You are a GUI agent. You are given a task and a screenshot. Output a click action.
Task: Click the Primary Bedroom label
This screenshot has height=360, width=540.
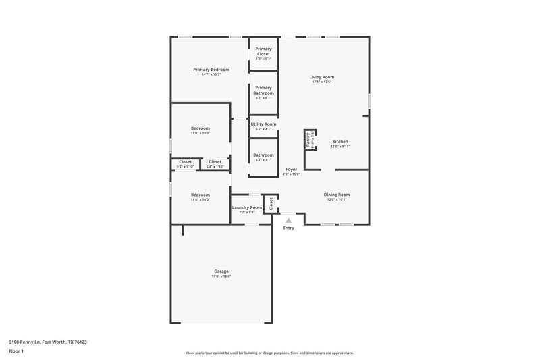[211, 70]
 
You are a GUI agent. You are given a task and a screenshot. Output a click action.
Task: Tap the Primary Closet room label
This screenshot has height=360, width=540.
[263, 51]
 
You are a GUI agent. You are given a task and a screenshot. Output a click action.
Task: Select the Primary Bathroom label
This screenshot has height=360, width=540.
[263, 91]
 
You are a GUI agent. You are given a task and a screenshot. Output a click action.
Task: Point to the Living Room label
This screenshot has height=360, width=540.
[322, 77]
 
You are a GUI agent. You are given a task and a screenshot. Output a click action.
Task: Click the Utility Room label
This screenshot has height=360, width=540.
[263, 124]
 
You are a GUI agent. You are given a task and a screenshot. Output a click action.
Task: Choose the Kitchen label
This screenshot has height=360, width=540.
[340, 141]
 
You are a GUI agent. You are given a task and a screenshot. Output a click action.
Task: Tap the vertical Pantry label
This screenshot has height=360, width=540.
[308, 140]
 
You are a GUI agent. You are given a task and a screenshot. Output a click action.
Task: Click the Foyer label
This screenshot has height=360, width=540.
[291, 169]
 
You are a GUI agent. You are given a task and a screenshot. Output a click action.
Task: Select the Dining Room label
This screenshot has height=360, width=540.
[337, 195]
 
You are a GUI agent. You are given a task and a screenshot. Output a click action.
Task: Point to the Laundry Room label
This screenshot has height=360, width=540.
[246, 207]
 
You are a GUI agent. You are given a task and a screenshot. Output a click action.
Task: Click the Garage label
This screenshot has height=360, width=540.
[221, 272]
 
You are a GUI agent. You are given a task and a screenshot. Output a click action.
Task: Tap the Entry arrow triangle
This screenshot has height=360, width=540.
[288, 220]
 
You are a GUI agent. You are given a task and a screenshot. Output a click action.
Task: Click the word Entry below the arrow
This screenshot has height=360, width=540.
[288, 228]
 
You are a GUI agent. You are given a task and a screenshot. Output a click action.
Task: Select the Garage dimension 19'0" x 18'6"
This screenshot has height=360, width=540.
[221, 276]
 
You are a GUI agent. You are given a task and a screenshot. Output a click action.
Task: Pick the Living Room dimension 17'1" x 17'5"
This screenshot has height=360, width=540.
[322, 82]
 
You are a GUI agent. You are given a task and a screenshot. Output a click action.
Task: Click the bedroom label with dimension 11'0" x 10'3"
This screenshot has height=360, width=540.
[200, 128]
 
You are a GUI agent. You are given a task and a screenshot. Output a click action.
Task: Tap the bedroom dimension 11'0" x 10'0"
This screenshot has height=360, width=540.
[200, 199]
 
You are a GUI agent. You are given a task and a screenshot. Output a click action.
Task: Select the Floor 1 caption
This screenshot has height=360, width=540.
[16, 352]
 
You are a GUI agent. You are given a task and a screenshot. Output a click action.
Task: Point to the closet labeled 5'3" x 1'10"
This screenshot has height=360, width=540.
[185, 162]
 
